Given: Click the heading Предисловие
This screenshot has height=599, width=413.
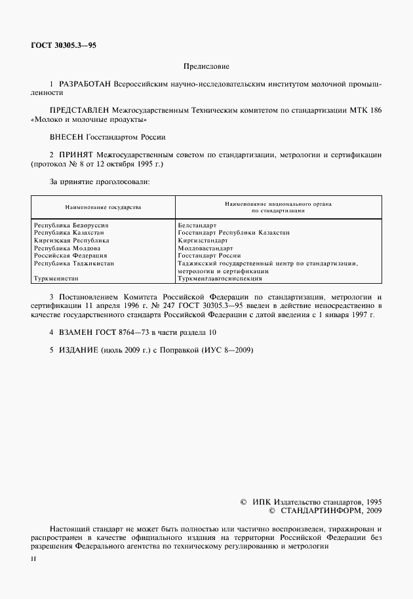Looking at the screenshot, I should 206,67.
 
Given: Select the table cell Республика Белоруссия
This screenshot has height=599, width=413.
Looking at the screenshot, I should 71,225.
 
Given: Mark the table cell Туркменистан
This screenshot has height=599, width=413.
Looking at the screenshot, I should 56,279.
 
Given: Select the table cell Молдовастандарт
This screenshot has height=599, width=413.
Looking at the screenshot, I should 205,248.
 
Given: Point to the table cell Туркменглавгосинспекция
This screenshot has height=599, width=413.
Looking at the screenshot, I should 219,279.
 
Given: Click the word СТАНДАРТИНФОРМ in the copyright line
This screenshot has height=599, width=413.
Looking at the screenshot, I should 323,510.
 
